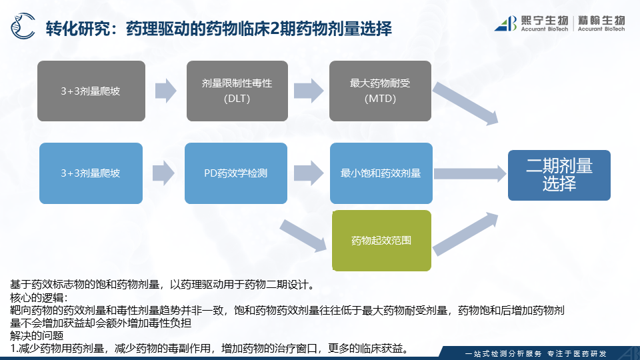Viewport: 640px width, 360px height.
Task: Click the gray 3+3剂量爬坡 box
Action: [91, 91]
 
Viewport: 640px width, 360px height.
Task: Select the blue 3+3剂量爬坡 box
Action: [91, 173]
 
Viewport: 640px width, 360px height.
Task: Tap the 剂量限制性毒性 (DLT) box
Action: [237, 91]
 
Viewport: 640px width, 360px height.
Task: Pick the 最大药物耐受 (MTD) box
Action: [381, 91]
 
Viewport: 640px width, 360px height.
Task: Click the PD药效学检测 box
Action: [237, 173]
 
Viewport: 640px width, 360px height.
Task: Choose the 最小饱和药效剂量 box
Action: [381, 173]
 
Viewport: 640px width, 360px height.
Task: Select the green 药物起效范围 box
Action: [381, 240]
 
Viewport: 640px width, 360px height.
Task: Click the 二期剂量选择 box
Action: [559, 175]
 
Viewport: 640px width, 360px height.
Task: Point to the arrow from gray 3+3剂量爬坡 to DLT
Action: [165, 91]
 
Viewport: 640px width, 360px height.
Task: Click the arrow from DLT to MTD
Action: [308, 91]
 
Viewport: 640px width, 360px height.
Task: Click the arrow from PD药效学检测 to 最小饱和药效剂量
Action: [308, 173]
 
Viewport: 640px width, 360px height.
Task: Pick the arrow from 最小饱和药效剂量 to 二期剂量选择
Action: [469, 173]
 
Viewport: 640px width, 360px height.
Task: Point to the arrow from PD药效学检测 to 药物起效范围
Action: [304, 235]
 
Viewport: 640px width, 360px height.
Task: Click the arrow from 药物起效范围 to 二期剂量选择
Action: [467, 234]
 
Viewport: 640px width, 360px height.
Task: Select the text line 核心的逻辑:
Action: [40, 297]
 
